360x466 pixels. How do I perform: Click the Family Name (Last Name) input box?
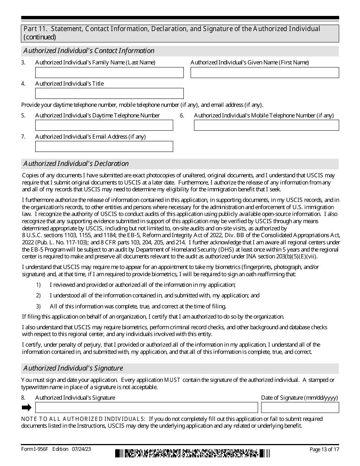click(109, 72)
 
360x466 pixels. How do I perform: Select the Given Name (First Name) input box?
click(265, 72)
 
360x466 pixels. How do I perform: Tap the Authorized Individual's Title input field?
click(109, 93)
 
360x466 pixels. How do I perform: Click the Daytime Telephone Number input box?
click(104, 125)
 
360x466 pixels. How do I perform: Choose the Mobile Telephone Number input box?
click(266, 125)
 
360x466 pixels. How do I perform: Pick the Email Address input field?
click(104, 146)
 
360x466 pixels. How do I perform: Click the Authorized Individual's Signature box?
click(146, 407)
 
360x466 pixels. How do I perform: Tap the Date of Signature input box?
click(300, 407)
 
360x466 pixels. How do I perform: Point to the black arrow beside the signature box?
click(27, 407)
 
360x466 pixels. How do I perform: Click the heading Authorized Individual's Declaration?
click(76, 164)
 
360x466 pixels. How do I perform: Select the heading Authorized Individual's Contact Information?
click(89, 51)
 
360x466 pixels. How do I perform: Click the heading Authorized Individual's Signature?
click(73, 368)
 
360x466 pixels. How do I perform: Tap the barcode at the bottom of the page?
click(193, 453)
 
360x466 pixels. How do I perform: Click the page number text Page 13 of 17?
click(324, 449)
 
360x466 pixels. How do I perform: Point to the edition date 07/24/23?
click(81, 449)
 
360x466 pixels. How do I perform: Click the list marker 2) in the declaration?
click(38, 296)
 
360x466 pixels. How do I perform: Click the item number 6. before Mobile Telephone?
click(182, 116)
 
